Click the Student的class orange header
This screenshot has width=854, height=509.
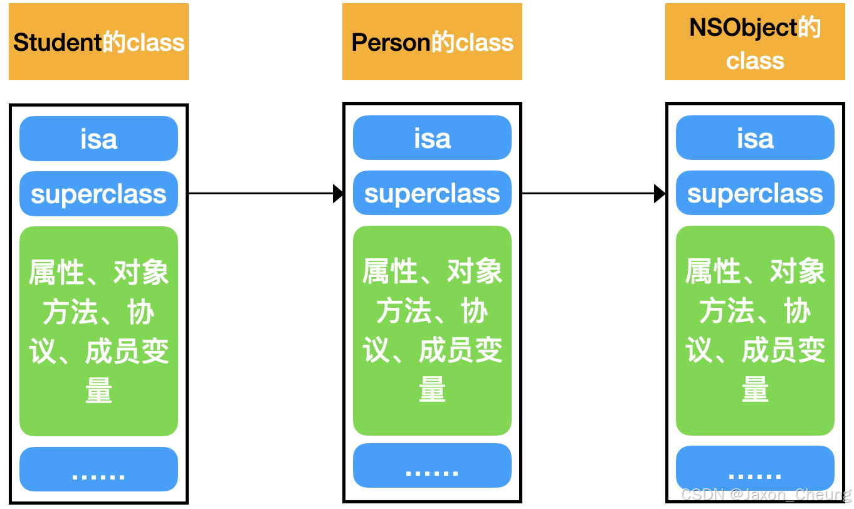(x=98, y=42)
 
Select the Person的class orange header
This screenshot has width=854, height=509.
(x=432, y=42)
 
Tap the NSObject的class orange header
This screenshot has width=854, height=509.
(x=755, y=42)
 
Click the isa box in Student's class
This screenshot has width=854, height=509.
(x=98, y=139)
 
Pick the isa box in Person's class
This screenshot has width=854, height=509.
(x=432, y=138)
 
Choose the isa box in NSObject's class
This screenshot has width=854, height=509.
(x=755, y=138)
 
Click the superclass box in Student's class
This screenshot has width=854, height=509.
(x=98, y=194)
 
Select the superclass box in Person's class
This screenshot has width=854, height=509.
(x=432, y=193)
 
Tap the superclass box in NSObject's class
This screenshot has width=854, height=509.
(x=755, y=193)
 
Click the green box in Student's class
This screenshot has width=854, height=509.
(x=98, y=331)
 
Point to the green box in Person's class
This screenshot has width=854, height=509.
(x=432, y=330)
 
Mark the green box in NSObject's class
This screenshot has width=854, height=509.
(x=755, y=330)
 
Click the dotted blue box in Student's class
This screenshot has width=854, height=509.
(x=98, y=470)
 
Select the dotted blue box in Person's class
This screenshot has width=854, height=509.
(x=432, y=466)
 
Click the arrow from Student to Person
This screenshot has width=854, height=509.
(x=263, y=194)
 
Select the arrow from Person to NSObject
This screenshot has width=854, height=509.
(x=589, y=194)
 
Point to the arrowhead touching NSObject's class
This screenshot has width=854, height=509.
(x=660, y=194)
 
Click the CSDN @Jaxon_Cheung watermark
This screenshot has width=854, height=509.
(x=766, y=495)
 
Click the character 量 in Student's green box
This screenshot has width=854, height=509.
(x=98, y=391)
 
